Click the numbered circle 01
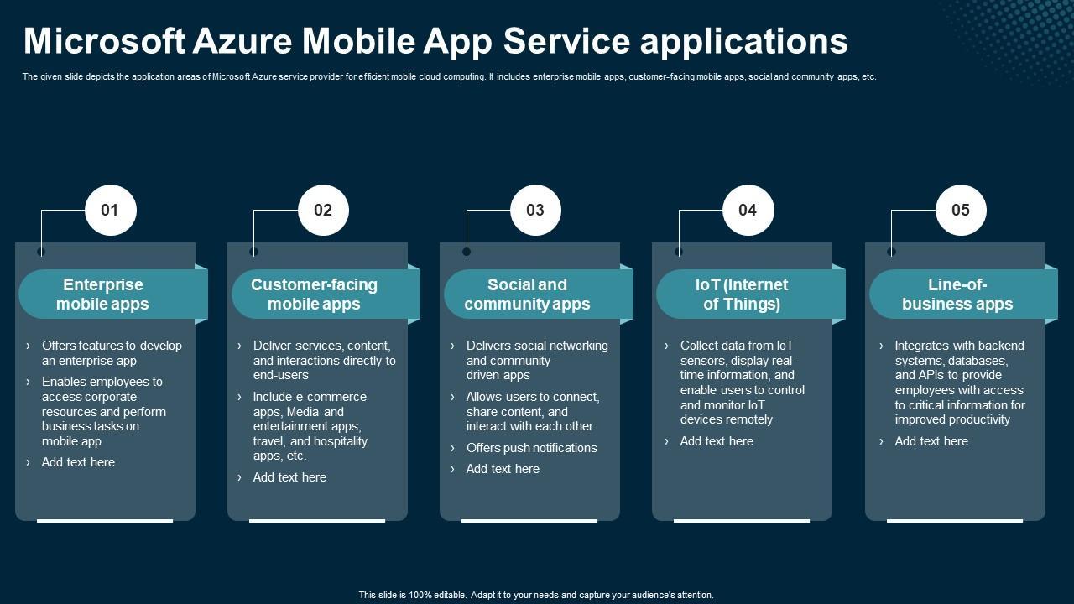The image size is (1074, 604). (x=110, y=210)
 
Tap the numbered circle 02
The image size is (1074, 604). (x=323, y=210)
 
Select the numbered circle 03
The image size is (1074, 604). (x=535, y=210)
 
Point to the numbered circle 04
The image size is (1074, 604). (x=748, y=210)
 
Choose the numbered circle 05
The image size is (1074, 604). (x=961, y=210)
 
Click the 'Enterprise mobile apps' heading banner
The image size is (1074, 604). (x=103, y=294)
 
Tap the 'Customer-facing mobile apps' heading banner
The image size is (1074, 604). (x=315, y=294)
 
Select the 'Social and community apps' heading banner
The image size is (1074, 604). (x=527, y=294)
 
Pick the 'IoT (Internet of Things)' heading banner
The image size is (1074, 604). (x=742, y=294)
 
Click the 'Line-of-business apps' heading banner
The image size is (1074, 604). (x=957, y=294)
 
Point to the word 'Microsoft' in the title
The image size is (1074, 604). (x=104, y=40)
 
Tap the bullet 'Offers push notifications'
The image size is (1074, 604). (x=531, y=448)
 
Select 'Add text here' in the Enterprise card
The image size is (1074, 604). (x=78, y=462)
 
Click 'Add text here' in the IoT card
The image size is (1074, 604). (x=717, y=441)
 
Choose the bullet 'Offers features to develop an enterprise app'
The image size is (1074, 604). (x=111, y=353)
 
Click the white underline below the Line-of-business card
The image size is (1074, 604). (x=954, y=521)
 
